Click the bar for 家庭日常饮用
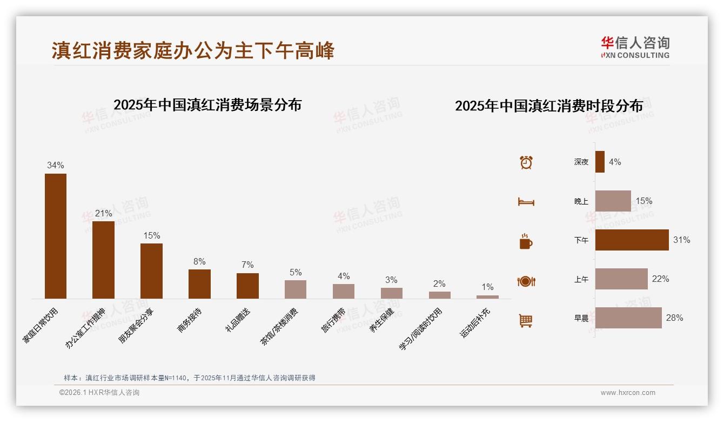click(x=56, y=236)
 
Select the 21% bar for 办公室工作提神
click(x=103, y=260)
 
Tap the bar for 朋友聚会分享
click(x=151, y=271)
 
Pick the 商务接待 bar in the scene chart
click(x=199, y=283)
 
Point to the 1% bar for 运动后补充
click(x=487, y=296)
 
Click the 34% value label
click(x=56, y=165)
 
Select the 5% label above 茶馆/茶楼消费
click(x=296, y=272)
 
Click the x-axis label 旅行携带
click(x=333, y=320)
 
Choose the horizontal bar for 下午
click(x=632, y=240)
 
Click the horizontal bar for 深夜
click(x=600, y=162)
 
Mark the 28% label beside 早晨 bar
click(x=674, y=318)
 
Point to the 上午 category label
click(x=581, y=279)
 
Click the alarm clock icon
click(x=526, y=162)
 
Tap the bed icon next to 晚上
click(x=526, y=202)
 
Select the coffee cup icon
click(x=526, y=241)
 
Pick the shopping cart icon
click(x=526, y=320)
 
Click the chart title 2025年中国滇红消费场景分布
click(x=207, y=104)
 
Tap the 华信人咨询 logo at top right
click(x=635, y=47)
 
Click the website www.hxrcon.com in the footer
click(x=628, y=393)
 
